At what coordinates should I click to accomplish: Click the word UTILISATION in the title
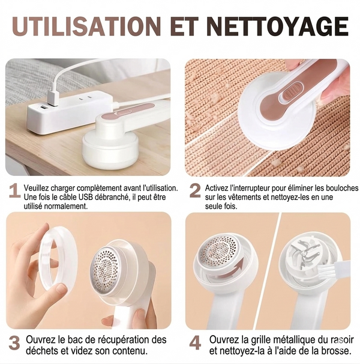(x=86, y=26)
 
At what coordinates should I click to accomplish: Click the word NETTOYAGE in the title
(x=277, y=26)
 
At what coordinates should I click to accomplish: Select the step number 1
(x=14, y=191)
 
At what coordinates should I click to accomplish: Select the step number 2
(x=195, y=191)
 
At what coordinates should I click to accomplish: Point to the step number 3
(x=14, y=343)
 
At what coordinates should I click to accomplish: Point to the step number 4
(x=195, y=343)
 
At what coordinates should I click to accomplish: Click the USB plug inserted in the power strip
(x=53, y=97)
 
